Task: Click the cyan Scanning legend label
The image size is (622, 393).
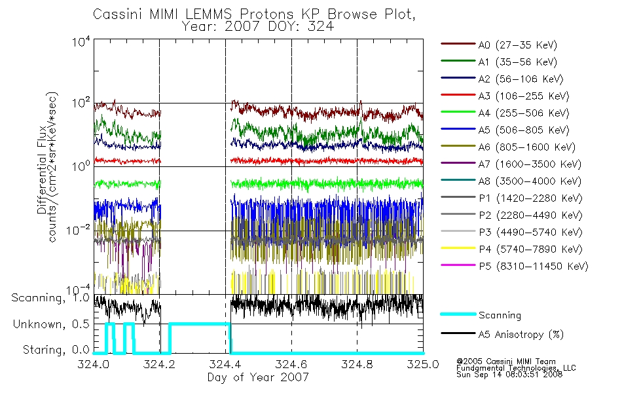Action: [500, 315]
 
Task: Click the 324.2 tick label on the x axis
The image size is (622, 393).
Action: [159, 364]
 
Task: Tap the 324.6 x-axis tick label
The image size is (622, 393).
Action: [291, 364]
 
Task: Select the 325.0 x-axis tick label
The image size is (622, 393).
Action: [423, 364]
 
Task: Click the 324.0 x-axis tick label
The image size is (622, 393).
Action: [94, 364]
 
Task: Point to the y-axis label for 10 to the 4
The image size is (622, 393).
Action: [81, 41]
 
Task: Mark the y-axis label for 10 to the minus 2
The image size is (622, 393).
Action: [78, 229]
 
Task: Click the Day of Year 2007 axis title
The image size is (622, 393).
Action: [258, 377]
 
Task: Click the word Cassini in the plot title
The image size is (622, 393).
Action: [119, 14]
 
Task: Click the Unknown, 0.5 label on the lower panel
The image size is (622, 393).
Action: [51, 324]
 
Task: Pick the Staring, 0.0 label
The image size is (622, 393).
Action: [56, 350]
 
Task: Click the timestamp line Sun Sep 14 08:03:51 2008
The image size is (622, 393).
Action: [509, 375]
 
